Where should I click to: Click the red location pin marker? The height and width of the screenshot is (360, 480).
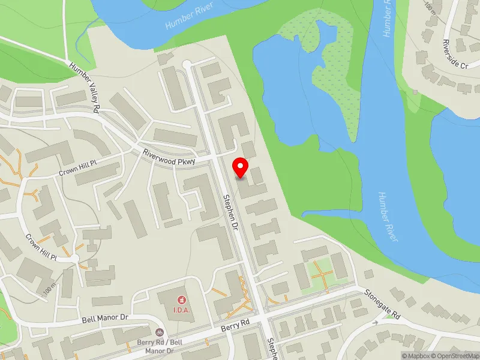tap(241, 167)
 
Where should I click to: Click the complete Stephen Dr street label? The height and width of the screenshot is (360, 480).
tap(231, 212)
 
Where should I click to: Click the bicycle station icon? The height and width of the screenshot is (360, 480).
tap(159, 332)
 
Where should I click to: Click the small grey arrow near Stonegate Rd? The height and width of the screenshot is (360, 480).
tap(377, 323)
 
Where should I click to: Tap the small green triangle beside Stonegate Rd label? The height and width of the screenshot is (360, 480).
tap(391, 317)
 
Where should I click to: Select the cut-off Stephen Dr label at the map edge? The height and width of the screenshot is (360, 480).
tap(272, 348)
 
